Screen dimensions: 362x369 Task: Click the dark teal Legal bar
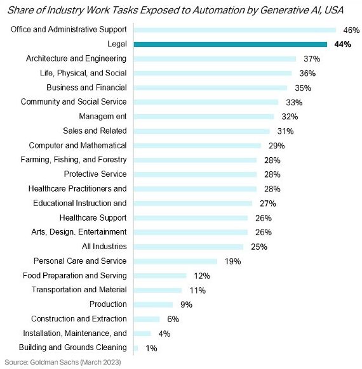coord(231,44)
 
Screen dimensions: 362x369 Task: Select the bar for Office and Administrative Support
coord(235,30)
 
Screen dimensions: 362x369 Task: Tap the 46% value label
coord(351,30)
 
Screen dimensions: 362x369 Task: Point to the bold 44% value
coord(342,44)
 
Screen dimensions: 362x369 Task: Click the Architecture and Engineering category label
coord(76,58)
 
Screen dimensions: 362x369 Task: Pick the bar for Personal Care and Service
coord(175,261)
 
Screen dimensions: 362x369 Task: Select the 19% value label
coord(232,261)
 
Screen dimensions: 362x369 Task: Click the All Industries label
coord(104,247)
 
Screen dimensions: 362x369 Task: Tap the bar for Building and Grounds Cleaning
coord(136,348)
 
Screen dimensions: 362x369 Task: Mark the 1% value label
coord(151,348)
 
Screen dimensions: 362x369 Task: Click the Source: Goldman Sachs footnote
coord(63,362)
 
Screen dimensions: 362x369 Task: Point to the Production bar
coord(153,305)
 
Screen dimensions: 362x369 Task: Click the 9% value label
coord(186,305)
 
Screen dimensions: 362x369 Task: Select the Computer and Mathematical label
coord(77,145)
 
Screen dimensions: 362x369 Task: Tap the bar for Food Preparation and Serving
coord(160,276)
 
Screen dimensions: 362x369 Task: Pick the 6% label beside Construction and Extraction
coord(173,320)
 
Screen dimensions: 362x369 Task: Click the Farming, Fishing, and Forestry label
coord(74,160)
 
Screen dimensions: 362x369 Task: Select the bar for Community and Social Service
coord(206,102)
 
